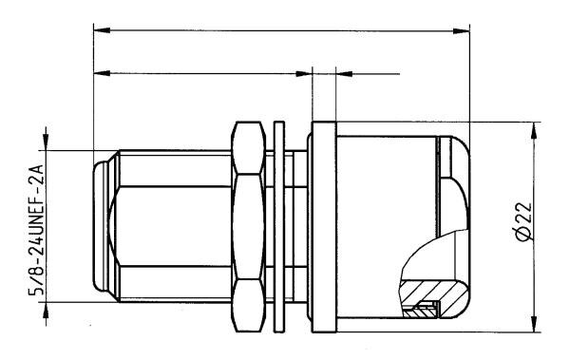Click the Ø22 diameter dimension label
(x=523, y=221)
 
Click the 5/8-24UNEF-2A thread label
(x=36, y=230)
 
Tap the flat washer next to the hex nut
(x=278, y=227)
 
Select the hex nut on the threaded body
(x=248, y=227)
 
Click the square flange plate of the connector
(x=324, y=227)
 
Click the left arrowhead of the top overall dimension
(x=102, y=30)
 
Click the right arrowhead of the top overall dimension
(x=462, y=30)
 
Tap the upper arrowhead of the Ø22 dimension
(x=534, y=130)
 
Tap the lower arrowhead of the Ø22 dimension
(x=534, y=324)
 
